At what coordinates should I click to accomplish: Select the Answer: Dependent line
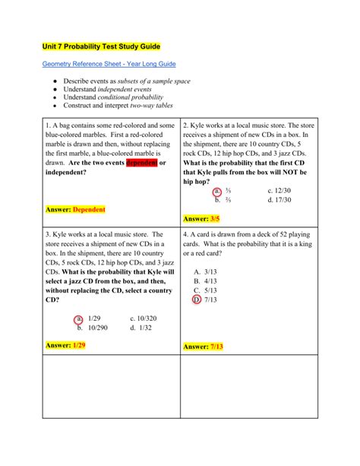click(75, 209)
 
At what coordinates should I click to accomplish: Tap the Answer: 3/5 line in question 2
click(201, 219)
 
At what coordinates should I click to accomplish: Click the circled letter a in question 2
click(217, 192)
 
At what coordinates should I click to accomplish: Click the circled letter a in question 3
click(79, 319)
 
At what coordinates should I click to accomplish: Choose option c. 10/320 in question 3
click(144, 319)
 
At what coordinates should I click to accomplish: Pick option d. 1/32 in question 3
click(141, 328)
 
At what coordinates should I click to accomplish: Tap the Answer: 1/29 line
click(65, 345)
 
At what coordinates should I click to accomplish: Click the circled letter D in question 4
click(197, 300)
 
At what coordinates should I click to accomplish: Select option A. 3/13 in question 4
click(207, 271)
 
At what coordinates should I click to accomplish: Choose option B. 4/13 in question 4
click(207, 281)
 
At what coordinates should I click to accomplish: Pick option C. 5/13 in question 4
click(207, 290)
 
